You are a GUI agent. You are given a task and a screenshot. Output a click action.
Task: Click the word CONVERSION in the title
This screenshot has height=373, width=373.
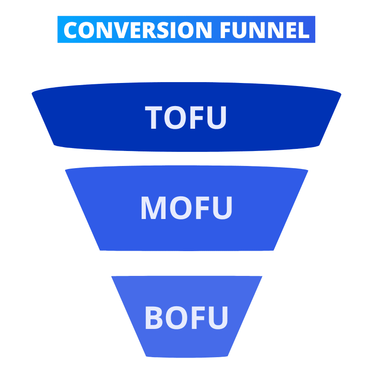tap(138, 30)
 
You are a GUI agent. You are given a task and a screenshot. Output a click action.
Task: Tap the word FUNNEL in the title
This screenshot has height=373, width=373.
tap(265, 30)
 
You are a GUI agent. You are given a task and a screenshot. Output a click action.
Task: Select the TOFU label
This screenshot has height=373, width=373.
tap(186, 118)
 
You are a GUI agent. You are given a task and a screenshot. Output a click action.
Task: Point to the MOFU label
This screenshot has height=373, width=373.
tap(186, 207)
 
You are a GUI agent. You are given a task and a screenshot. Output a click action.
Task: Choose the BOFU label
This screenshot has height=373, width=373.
tap(186, 317)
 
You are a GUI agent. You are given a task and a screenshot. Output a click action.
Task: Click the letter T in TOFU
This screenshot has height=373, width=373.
tap(154, 118)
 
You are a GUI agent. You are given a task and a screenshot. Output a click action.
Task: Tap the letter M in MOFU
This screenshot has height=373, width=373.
tap(154, 207)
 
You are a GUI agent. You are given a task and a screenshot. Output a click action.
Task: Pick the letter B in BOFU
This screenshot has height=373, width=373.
tap(154, 317)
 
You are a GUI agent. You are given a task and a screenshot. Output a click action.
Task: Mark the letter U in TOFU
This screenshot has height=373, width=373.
tap(217, 118)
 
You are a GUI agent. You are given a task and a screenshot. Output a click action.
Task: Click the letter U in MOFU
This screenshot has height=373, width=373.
tap(222, 208)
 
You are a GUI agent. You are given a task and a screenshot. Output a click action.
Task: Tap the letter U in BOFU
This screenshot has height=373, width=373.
tap(219, 318)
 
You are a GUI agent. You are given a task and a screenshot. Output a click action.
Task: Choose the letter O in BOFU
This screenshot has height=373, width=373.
tap(177, 317)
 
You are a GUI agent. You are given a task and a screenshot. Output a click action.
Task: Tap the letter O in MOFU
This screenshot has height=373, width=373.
tap(181, 207)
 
